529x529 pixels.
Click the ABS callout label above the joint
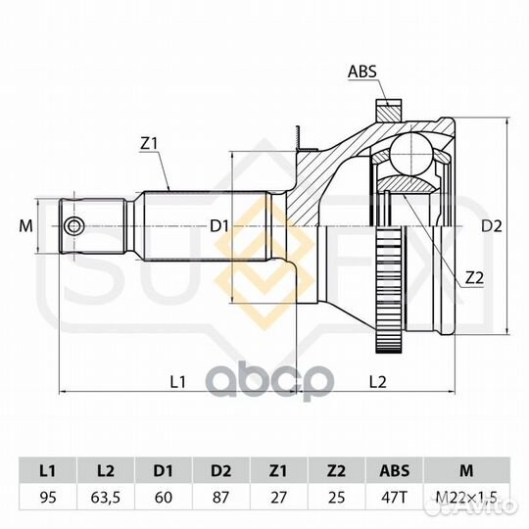coord(362,72)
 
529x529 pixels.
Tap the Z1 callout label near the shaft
coord(149,144)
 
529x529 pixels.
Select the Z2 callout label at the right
coord(474,277)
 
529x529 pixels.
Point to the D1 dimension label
coord(219,225)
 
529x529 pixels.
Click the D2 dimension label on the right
coord(491,225)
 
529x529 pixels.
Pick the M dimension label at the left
coord(26,225)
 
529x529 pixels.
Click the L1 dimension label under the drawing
coord(177,382)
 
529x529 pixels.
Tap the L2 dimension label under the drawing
coord(377,382)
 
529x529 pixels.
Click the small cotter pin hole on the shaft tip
coord(73,225)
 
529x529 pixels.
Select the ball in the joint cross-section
coord(411,154)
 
